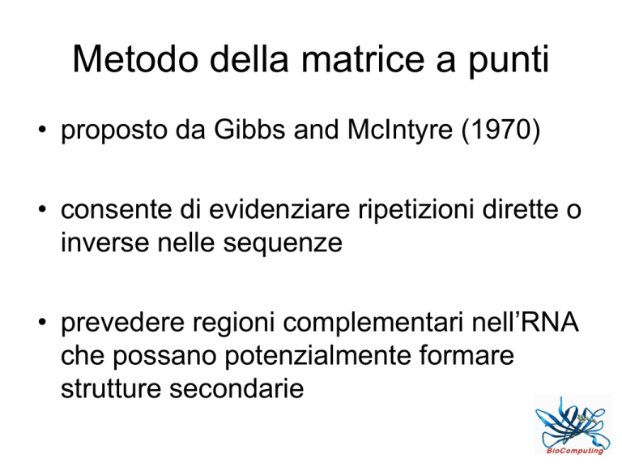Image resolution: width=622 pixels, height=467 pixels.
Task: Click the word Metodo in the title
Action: [135, 58]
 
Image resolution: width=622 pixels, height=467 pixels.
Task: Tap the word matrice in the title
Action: [363, 58]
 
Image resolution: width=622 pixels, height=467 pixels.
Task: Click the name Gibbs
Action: [249, 129]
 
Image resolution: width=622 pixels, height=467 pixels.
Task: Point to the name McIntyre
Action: [400, 131]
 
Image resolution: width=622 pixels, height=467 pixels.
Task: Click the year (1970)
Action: [501, 131]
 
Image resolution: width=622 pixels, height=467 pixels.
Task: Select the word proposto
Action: [114, 131]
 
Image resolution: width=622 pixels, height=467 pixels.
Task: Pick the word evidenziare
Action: [279, 209]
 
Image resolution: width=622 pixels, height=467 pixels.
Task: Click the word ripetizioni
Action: [416, 211]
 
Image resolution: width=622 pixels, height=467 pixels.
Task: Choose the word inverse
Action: [104, 242]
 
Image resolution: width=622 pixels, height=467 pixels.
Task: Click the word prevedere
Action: [122, 323]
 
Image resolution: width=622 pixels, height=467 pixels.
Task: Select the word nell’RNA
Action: [525, 321]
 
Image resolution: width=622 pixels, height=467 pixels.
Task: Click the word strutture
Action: [111, 388]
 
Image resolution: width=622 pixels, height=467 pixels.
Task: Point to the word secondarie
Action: [236, 388]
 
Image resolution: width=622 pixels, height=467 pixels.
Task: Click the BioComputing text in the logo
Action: [575, 451]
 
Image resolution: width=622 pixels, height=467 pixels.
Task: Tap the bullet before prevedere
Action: [42, 321]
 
